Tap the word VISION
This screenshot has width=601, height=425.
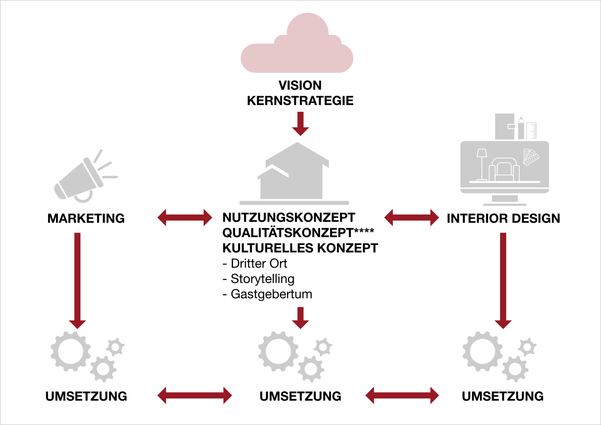(300, 85)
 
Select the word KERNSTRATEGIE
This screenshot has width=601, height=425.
(300, 101)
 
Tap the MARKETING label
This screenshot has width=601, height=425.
(86, 218)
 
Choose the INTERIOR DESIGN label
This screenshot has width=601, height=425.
(503, 218)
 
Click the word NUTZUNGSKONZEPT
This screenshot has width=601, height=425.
(288, 217)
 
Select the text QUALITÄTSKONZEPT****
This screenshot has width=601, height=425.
(298, 233)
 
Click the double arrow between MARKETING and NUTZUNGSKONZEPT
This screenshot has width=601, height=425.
(185, 218)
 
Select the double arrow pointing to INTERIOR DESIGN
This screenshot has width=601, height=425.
(412, 218)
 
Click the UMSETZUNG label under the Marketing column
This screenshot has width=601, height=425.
(86, 396)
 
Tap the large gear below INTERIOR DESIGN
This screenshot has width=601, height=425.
(482, 351)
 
